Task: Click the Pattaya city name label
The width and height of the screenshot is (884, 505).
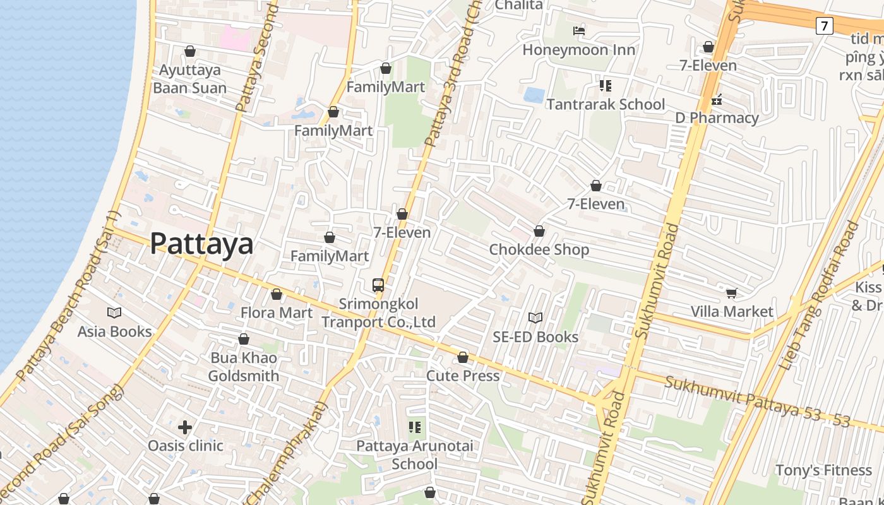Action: [201, 244]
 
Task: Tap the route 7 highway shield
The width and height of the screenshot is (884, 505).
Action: [824, 26]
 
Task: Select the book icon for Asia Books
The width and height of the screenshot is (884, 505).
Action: [114, 312]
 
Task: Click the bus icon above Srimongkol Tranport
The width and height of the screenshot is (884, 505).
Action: [378, 285]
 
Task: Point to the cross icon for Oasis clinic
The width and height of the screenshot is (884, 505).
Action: [185, 427]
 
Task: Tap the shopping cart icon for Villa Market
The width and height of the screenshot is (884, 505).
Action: [732, 293]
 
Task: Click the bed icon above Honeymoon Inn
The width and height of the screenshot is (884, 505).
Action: [579, 30]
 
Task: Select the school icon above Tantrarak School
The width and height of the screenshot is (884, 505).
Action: [606, 85]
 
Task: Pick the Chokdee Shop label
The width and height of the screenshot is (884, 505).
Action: [539, 249]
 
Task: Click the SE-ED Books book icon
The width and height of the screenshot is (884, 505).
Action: [535, 318]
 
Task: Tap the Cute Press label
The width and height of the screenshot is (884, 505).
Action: [463, 376]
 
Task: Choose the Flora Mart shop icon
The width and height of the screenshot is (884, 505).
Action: [276, 294]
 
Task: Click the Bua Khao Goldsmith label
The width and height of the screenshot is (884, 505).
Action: [244, 367]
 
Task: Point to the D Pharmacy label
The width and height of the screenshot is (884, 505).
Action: [717, 118]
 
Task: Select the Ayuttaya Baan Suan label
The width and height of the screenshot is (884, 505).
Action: [189, 79]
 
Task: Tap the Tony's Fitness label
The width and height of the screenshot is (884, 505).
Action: [823, 470]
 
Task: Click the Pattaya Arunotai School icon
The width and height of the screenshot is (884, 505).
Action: [415, 427]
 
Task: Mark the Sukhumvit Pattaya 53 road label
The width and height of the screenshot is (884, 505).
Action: [758, 400]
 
